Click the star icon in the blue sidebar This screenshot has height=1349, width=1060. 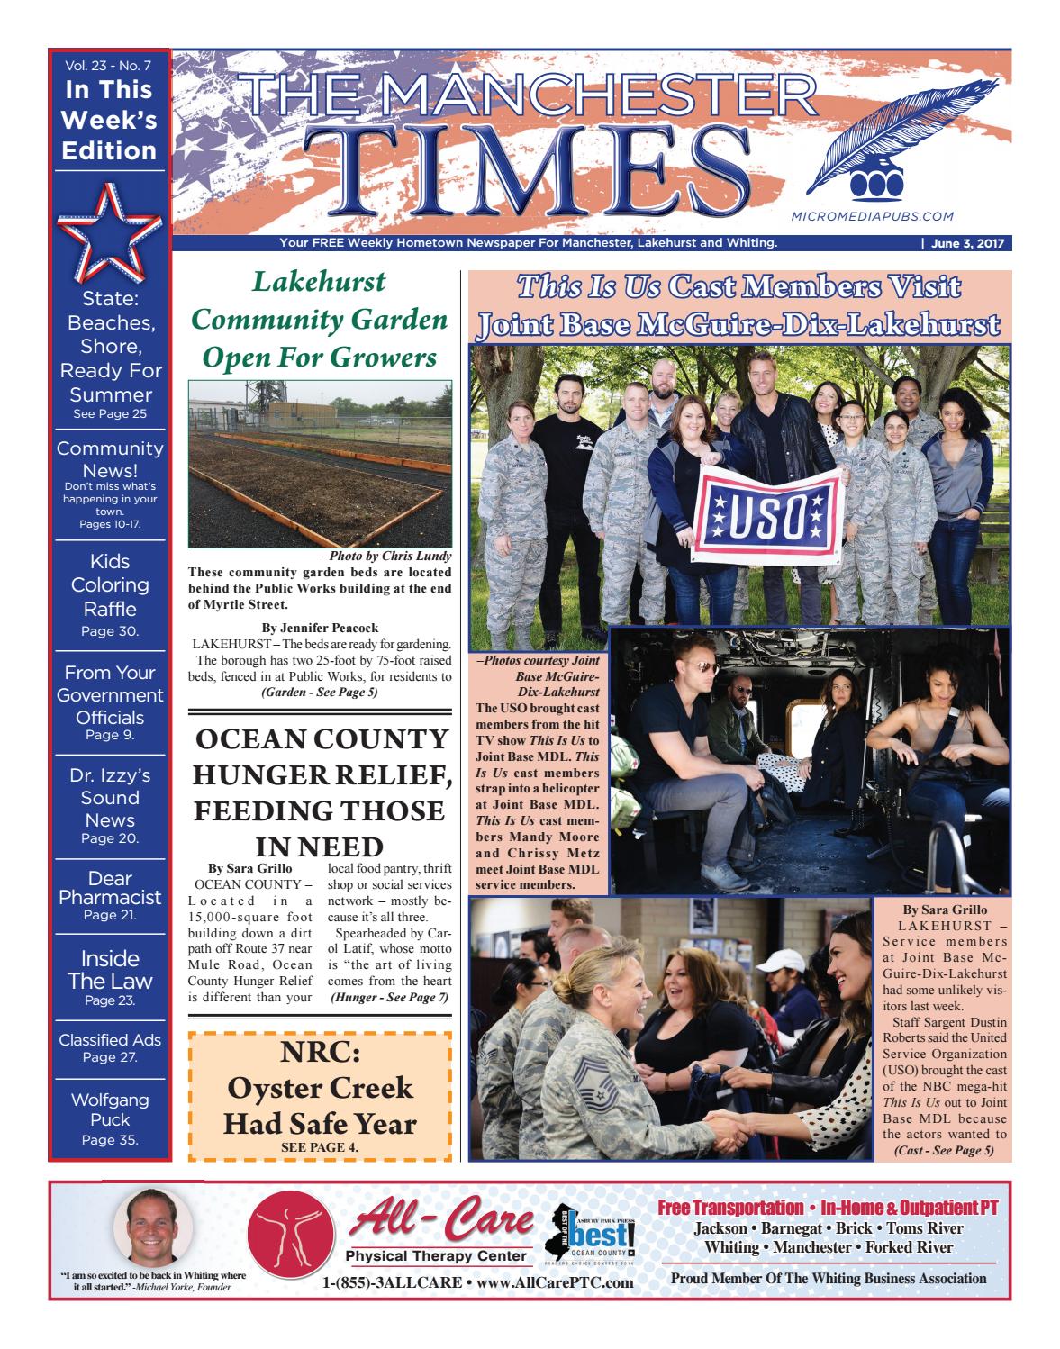coord(109,231)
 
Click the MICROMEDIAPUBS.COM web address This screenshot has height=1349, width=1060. coord(870,216)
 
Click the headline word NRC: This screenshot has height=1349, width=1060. coord(320,1054)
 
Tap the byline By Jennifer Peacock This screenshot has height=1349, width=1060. coord(320,627)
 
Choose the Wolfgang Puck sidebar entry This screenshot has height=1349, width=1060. coord(110,1118)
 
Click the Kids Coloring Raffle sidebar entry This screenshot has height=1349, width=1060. coord(110,594)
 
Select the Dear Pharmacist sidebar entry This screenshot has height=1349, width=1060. coord(110,895)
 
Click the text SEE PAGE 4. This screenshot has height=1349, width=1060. coord(320,1147)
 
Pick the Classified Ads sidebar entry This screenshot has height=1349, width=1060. coord(110,1048)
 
